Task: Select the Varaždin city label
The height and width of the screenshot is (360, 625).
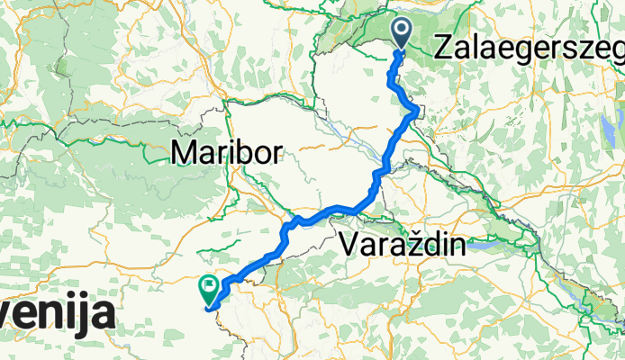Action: (404, 244)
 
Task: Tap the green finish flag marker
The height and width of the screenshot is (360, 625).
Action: (209, 289)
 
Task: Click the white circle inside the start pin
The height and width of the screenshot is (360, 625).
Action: (401, 31)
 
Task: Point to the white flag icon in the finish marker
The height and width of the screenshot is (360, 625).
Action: (209, 286)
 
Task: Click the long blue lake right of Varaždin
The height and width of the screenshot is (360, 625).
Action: (491, 243)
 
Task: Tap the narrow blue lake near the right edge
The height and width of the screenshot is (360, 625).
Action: (604, 127)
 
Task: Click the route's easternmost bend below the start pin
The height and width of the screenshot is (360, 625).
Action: (415, 112)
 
